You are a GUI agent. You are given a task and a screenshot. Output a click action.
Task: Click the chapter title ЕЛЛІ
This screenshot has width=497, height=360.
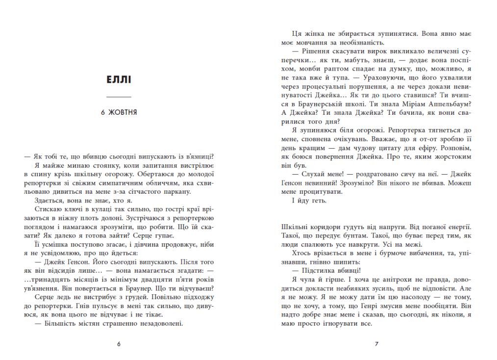119,79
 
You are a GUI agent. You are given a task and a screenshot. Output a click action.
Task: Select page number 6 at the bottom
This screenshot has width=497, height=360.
119,344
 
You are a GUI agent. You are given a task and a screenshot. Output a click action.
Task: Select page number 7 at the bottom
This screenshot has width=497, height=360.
376,344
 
